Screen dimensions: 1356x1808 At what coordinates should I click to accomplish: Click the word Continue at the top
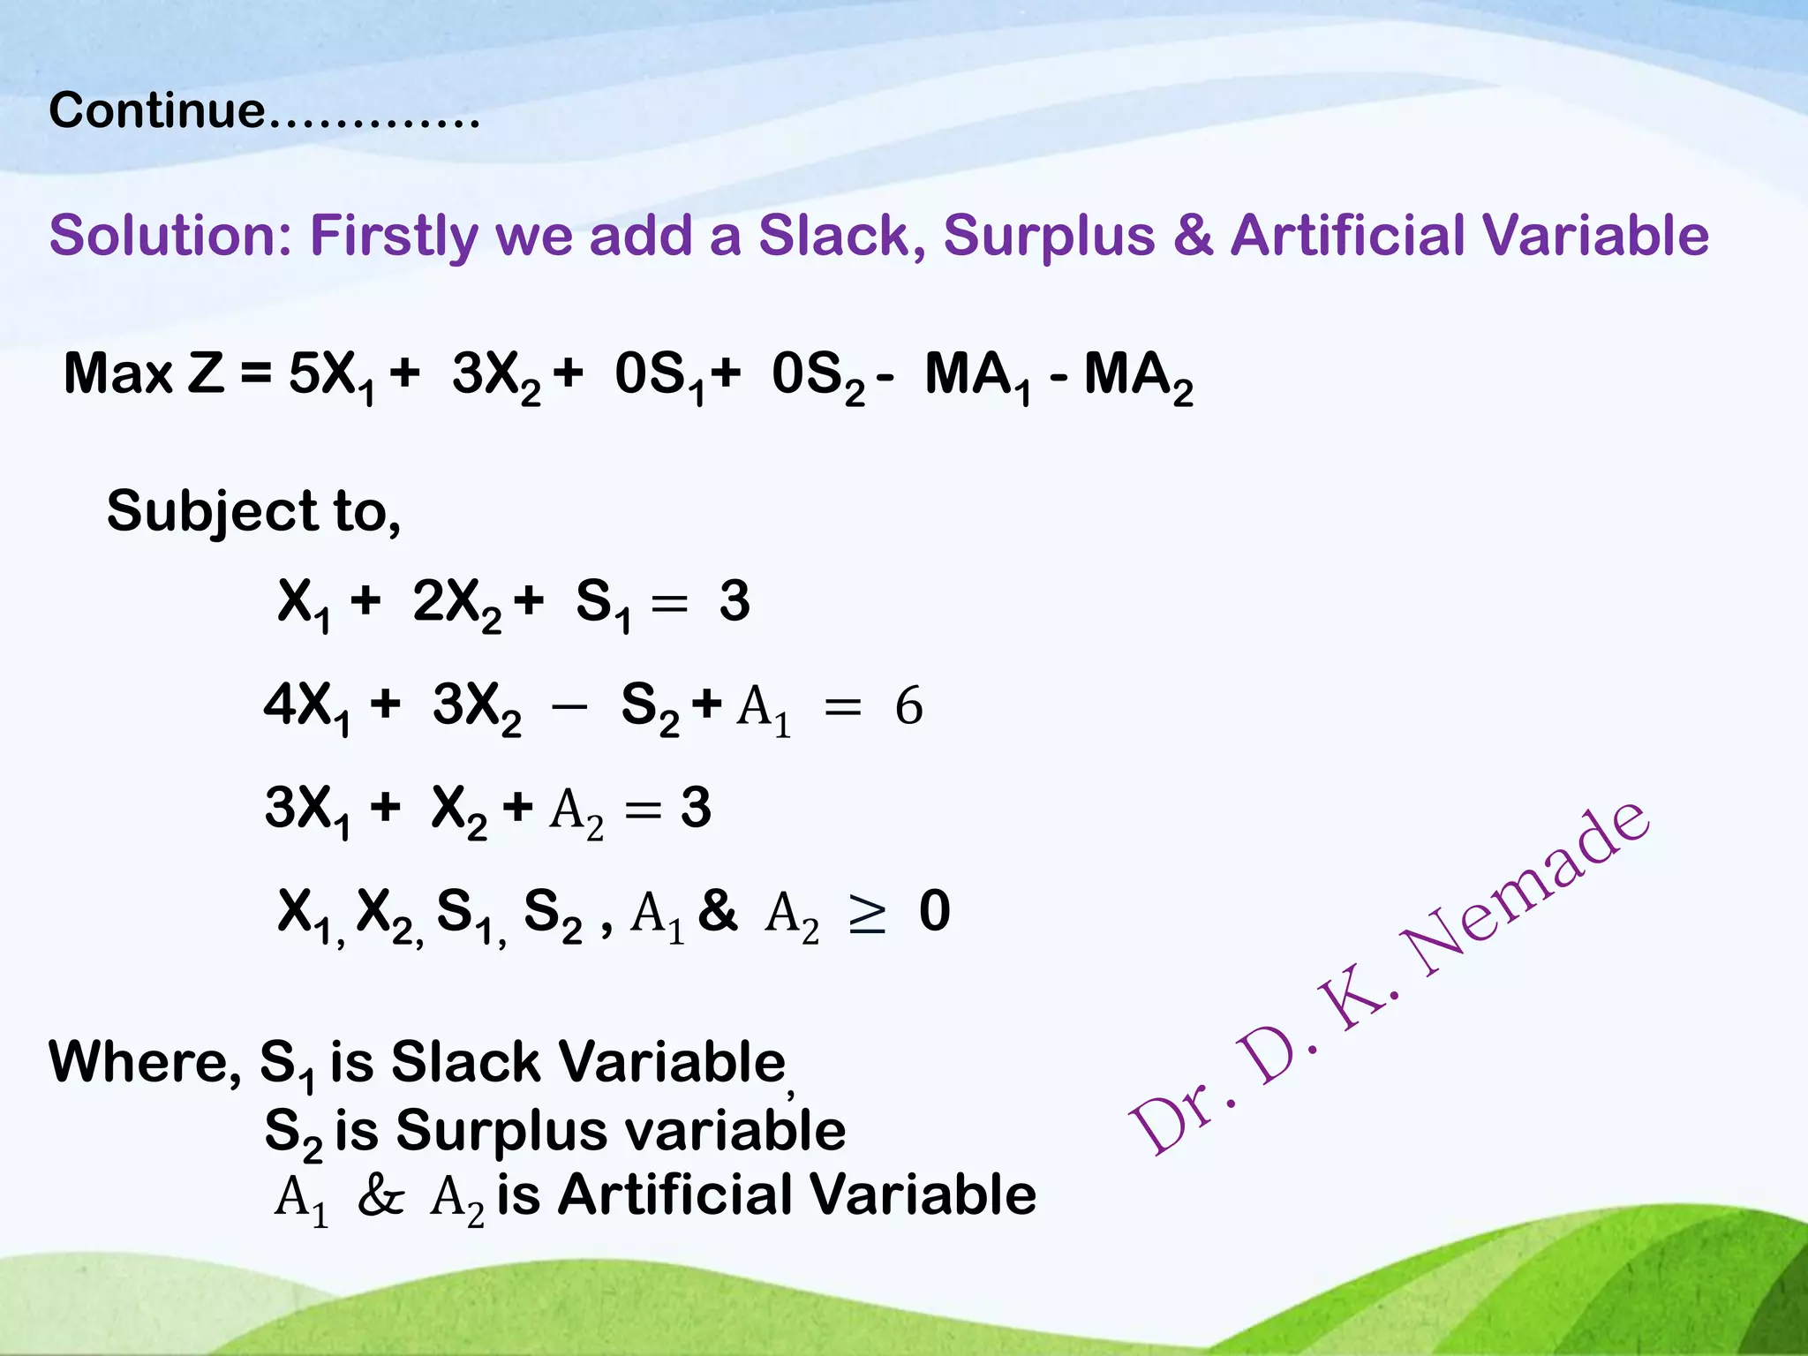tap(156, 111)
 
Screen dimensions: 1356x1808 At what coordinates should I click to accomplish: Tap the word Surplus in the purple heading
tap(1049, 237)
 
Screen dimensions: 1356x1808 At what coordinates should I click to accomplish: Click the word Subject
tap(212, 512)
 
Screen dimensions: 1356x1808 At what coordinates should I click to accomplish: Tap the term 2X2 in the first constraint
tap(456, 604)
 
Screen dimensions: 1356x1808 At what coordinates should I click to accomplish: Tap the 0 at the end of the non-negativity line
tap(934, 912)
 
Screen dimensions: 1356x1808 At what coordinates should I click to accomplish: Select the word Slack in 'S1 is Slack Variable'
tap(464, 1062)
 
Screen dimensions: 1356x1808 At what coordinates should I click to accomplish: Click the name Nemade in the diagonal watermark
tap(1527, 892)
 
